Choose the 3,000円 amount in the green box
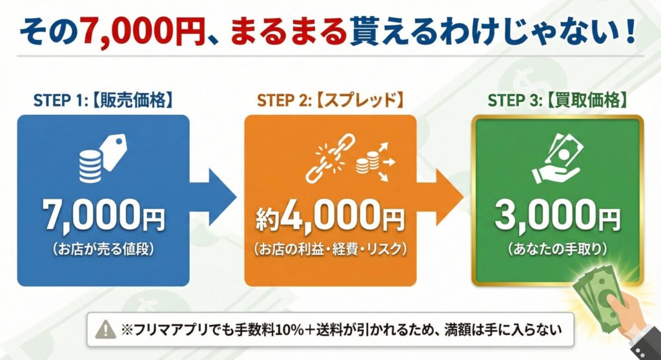pos(557,217)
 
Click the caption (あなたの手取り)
pos(557,248)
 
